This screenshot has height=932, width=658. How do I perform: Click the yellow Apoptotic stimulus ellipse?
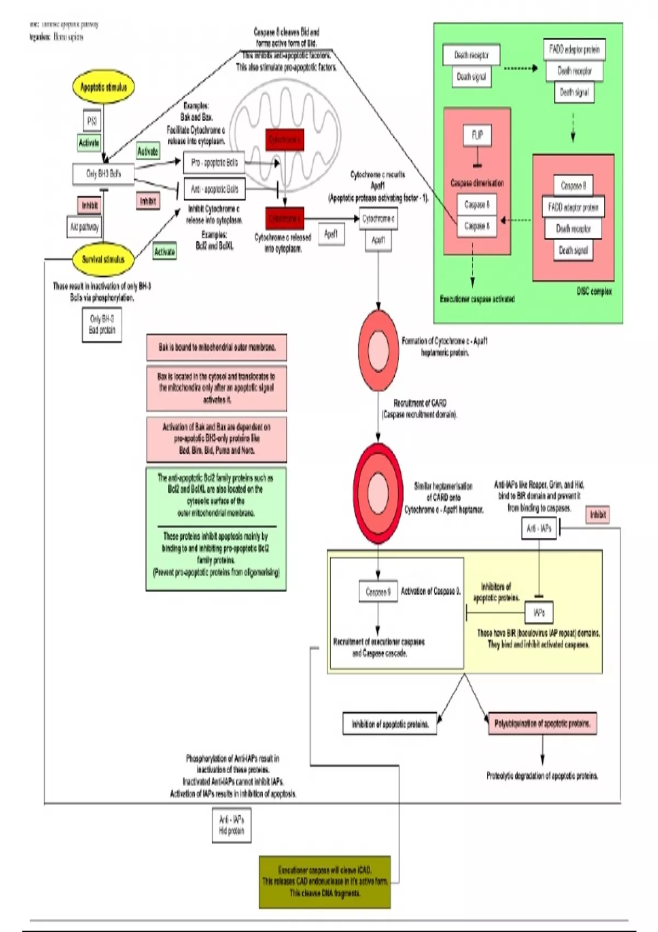point(104,88)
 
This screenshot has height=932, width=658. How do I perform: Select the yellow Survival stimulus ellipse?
point(103,259)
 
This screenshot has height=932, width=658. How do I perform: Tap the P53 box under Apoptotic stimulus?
point(92,121)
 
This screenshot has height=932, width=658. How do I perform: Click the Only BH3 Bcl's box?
point(103,174)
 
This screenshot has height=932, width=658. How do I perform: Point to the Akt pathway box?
point(84,226)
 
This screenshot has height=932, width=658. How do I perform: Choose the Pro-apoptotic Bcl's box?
point(214,163)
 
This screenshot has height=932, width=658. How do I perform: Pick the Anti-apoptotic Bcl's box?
point(214,189)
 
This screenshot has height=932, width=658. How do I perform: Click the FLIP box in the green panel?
point(477,135)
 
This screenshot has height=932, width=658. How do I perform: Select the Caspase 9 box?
point(378,592)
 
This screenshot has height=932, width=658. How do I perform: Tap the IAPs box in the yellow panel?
point(539,612)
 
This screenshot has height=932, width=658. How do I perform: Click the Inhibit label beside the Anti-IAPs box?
point(598,515)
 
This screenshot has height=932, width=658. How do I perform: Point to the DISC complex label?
point(594,292)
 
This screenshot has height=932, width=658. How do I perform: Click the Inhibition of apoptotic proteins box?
point(390,724)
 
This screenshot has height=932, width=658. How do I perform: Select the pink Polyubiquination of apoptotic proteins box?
point(542,724)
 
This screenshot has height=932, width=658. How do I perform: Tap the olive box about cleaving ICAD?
point(325,882)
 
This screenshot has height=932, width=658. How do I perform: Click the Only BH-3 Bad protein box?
point(102,325)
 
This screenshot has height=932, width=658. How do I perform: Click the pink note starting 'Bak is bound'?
point(217,348)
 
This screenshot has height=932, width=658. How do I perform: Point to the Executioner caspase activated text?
point(477,299)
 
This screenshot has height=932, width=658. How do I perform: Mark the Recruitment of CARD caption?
point(419,409)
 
